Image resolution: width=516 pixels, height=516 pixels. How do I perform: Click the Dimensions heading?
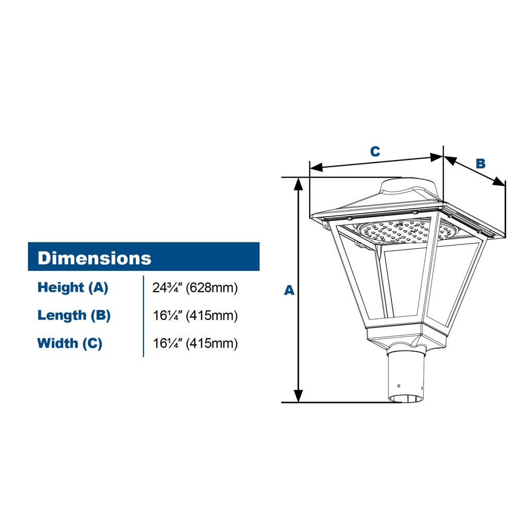click(94, 257)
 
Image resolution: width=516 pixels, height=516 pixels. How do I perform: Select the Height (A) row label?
click(73, 287)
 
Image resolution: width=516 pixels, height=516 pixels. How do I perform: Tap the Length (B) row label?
click(74, 315)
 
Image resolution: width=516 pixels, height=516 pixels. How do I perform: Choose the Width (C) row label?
click(70, 343)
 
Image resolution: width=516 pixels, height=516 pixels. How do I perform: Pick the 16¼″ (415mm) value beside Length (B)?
click(195, 315)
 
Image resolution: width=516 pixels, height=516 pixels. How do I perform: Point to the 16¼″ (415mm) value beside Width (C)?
click(195, 343)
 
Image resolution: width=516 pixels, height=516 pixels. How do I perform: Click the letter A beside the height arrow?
click(289, 291)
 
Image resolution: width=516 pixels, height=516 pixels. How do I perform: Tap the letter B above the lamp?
click(480, 164)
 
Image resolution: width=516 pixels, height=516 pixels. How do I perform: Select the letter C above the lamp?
click(375, 151)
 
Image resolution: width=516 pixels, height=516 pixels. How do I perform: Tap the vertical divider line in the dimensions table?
click(143, 316)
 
